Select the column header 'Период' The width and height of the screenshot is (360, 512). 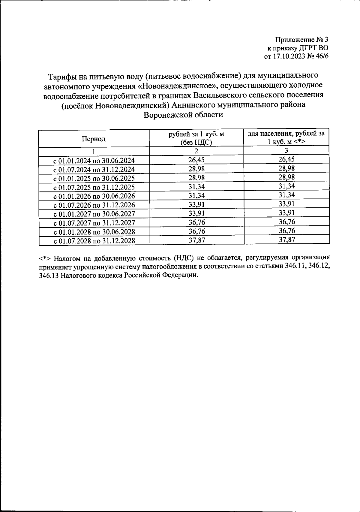pos(94,139)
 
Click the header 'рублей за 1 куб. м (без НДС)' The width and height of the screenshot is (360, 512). pos(196,138)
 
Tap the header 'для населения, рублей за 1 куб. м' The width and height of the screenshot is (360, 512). pos(286,138)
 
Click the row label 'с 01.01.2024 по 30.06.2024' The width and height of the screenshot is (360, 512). pos(94,160)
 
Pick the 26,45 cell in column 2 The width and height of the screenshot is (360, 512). pos(196,160)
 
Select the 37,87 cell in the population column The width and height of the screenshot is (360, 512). pos(286,239)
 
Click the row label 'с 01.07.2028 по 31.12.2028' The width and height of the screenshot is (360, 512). pos(94,241)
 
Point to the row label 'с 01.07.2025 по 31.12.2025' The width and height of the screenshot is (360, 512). pos(94,187)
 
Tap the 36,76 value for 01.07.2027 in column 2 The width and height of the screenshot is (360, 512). pos(196,222)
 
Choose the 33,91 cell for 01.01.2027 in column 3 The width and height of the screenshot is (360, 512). pos(286,213)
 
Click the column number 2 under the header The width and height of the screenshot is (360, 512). pos(196,151)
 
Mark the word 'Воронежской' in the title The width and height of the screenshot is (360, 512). pos(165,115)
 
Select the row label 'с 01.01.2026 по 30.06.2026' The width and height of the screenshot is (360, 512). pos(94,196)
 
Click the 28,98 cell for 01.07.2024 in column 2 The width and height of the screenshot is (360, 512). pos(196,169)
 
